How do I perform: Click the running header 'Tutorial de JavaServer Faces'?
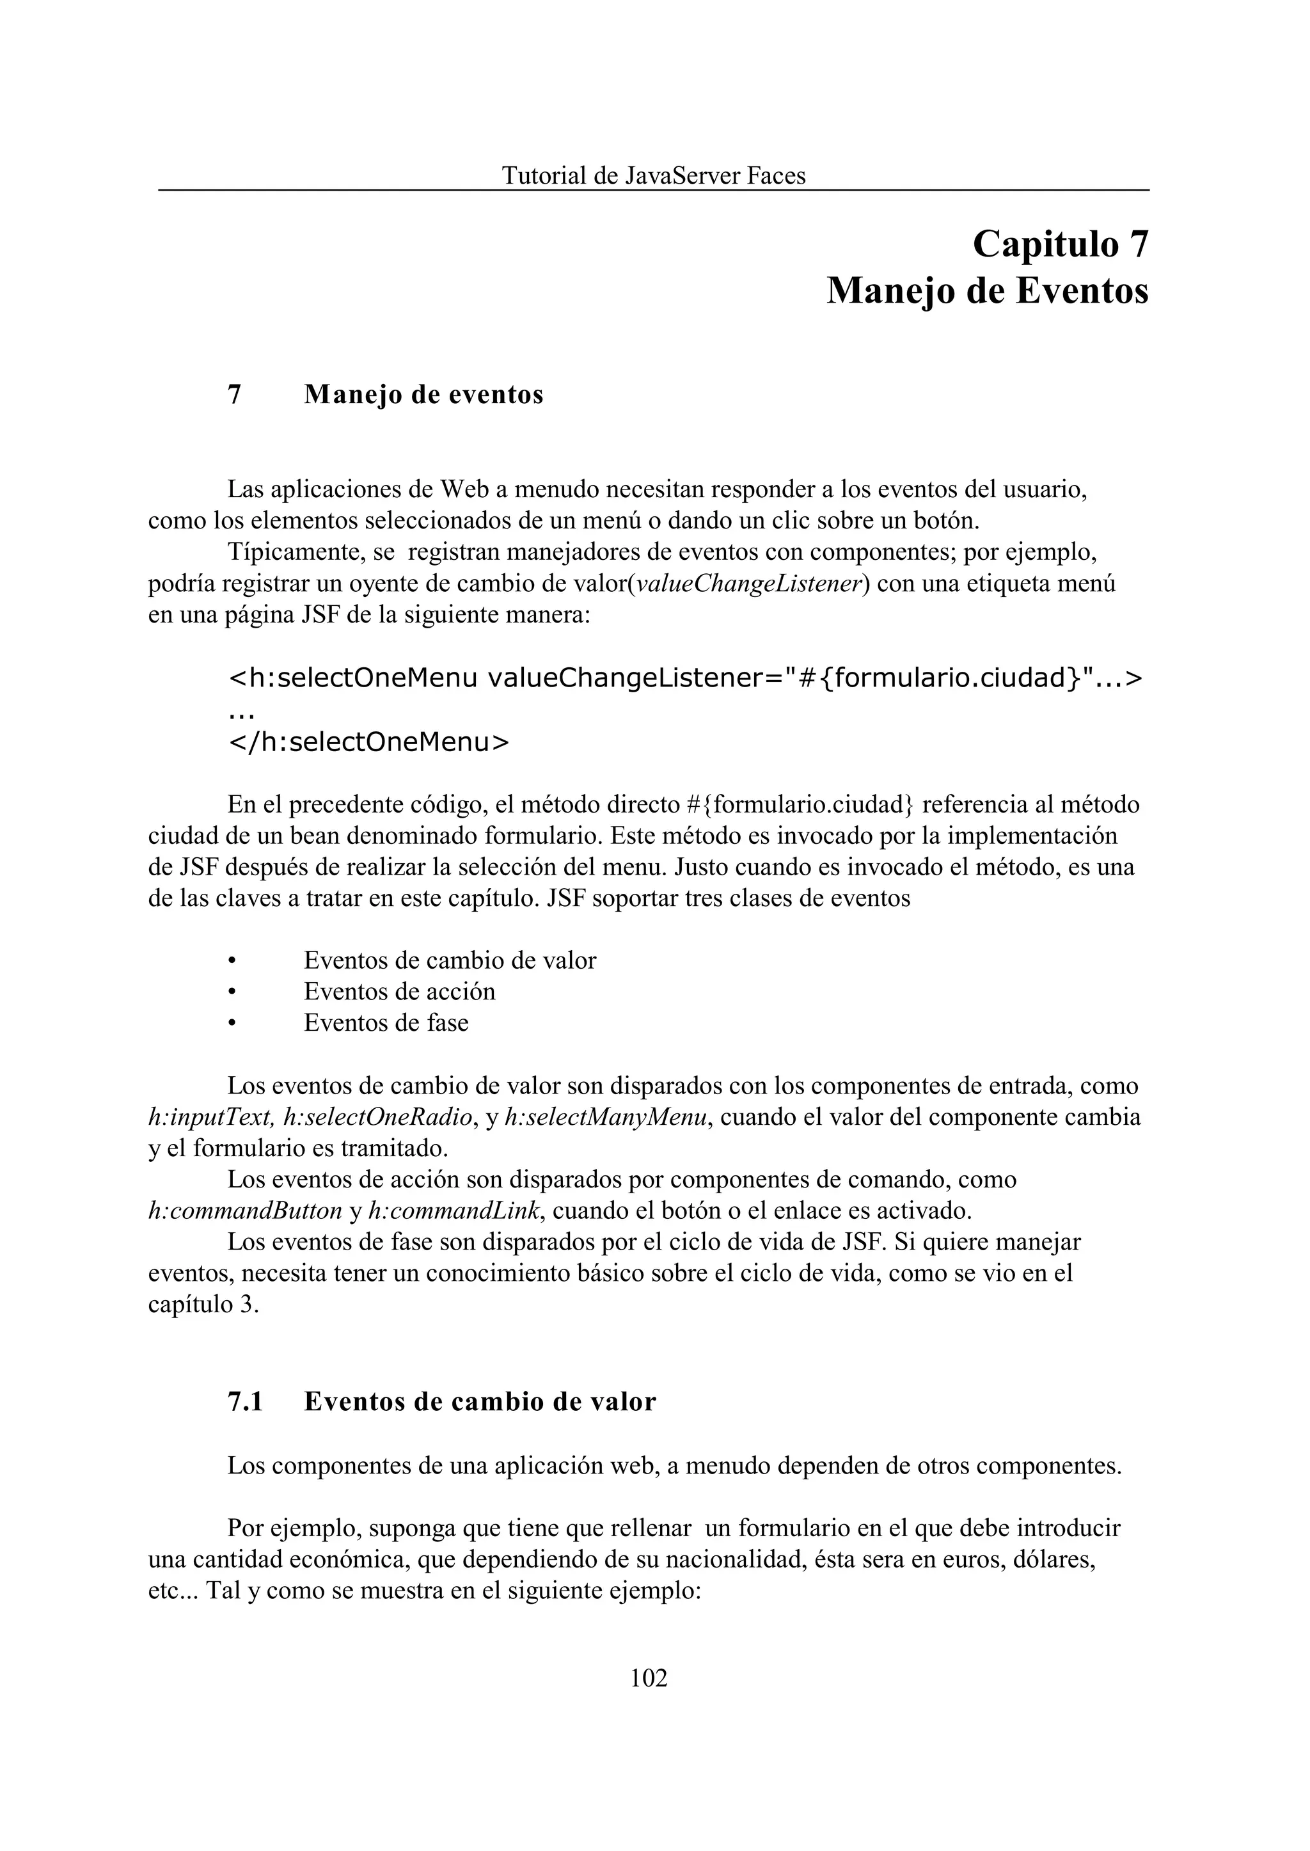653,176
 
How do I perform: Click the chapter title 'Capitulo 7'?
1060,244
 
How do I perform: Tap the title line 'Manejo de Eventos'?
988,291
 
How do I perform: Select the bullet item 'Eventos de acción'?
399,992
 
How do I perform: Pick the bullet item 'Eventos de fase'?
386,1023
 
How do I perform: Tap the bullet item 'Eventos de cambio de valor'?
449,960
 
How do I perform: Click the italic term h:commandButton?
245,1211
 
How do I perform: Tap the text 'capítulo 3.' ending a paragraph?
203,1305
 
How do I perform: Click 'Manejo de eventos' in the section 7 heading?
423,395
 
